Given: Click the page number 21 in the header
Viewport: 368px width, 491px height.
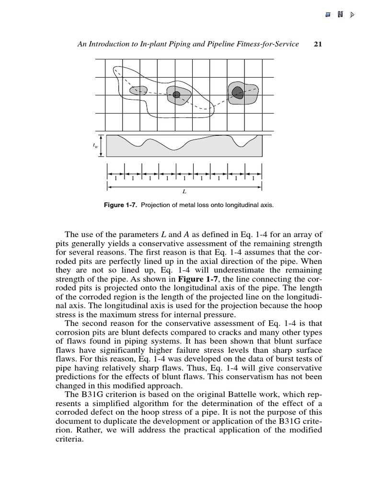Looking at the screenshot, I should click(316, 44).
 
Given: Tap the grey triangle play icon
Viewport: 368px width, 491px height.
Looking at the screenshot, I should click(353, 15).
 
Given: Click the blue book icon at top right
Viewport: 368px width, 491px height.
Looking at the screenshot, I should click(328, 15).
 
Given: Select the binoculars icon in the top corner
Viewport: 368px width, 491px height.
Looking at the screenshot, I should click(340, 15).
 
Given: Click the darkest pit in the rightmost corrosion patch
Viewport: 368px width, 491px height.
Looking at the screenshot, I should click(237, 92).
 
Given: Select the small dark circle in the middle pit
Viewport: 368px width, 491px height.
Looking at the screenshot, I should click(176, 95).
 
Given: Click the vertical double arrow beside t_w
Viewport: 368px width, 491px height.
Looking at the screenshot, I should click(101, 146).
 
